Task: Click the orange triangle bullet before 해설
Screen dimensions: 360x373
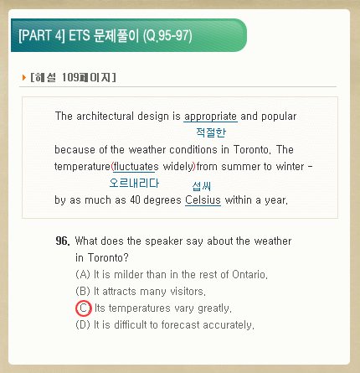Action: (x=24, y=77)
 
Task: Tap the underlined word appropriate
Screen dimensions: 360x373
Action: (x=211, y=117)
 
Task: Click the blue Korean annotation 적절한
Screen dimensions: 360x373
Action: (x=211, y=132)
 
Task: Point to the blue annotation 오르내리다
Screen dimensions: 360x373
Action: (x=134, y=183)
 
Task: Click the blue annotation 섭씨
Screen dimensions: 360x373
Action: (x=202, y=186)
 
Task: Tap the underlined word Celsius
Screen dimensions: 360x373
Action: (x=203, y=200)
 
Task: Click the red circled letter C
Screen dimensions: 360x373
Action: (x=84, y=308)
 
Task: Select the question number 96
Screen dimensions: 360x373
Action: (x=63, y=241)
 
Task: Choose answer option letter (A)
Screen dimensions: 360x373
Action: (x=83, y=274)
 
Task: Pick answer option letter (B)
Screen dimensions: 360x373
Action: (x=83, y=291)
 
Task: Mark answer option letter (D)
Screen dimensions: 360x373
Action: (x=83, y=324)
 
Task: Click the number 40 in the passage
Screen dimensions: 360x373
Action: (x=135, y=200)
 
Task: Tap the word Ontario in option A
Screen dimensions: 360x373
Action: (x=249, y=274)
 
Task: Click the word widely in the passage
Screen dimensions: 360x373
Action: (x=178, y=167)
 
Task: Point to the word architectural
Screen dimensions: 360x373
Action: (x=105, y=117)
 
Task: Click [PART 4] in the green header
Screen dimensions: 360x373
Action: (x=42, y=35)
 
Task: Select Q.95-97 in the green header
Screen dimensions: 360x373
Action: (x=167, y=35)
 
